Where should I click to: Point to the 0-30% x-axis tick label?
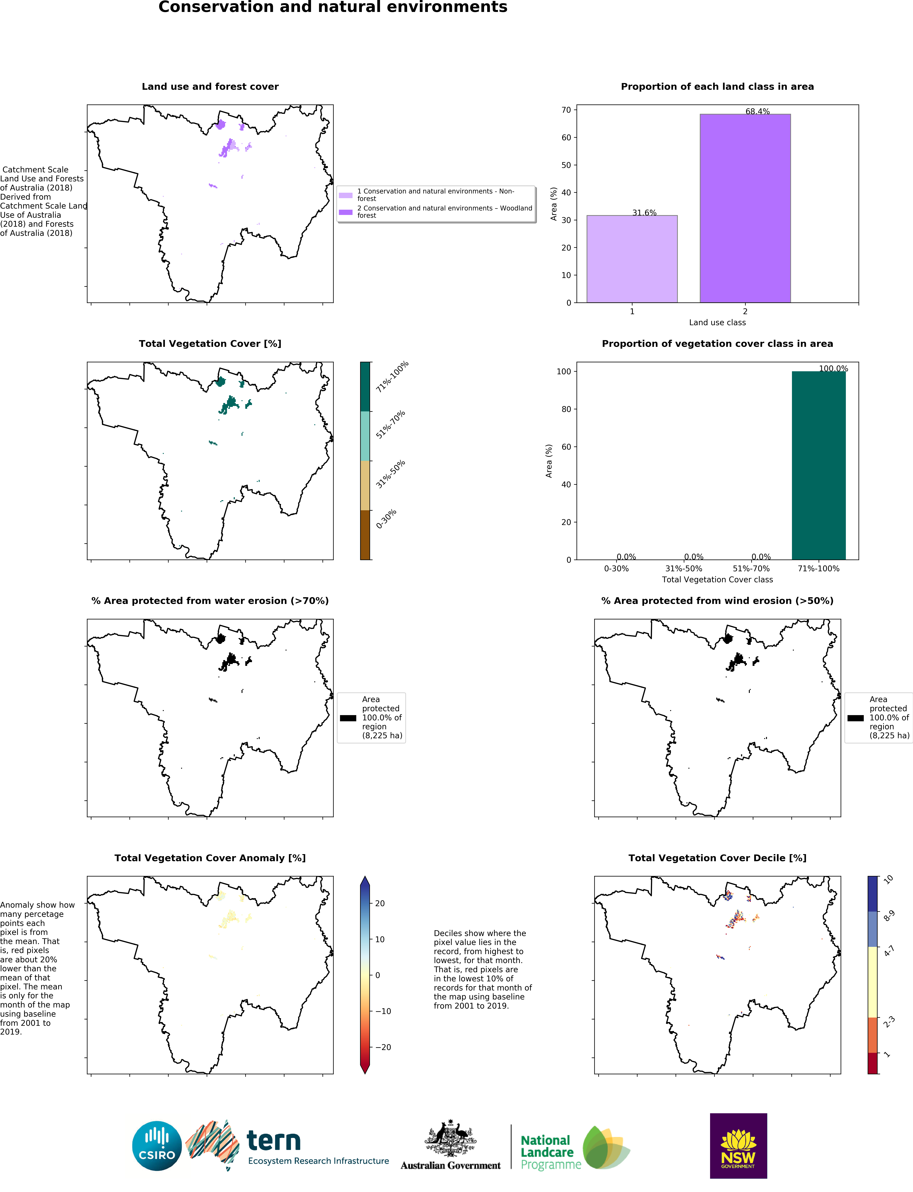tap(616, 568)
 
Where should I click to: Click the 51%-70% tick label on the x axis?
tap(751, 568)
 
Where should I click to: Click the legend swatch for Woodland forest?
tap(346, 212)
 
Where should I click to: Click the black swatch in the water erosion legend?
tap(348, 718)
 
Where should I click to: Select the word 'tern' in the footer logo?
tap(273, 1141)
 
